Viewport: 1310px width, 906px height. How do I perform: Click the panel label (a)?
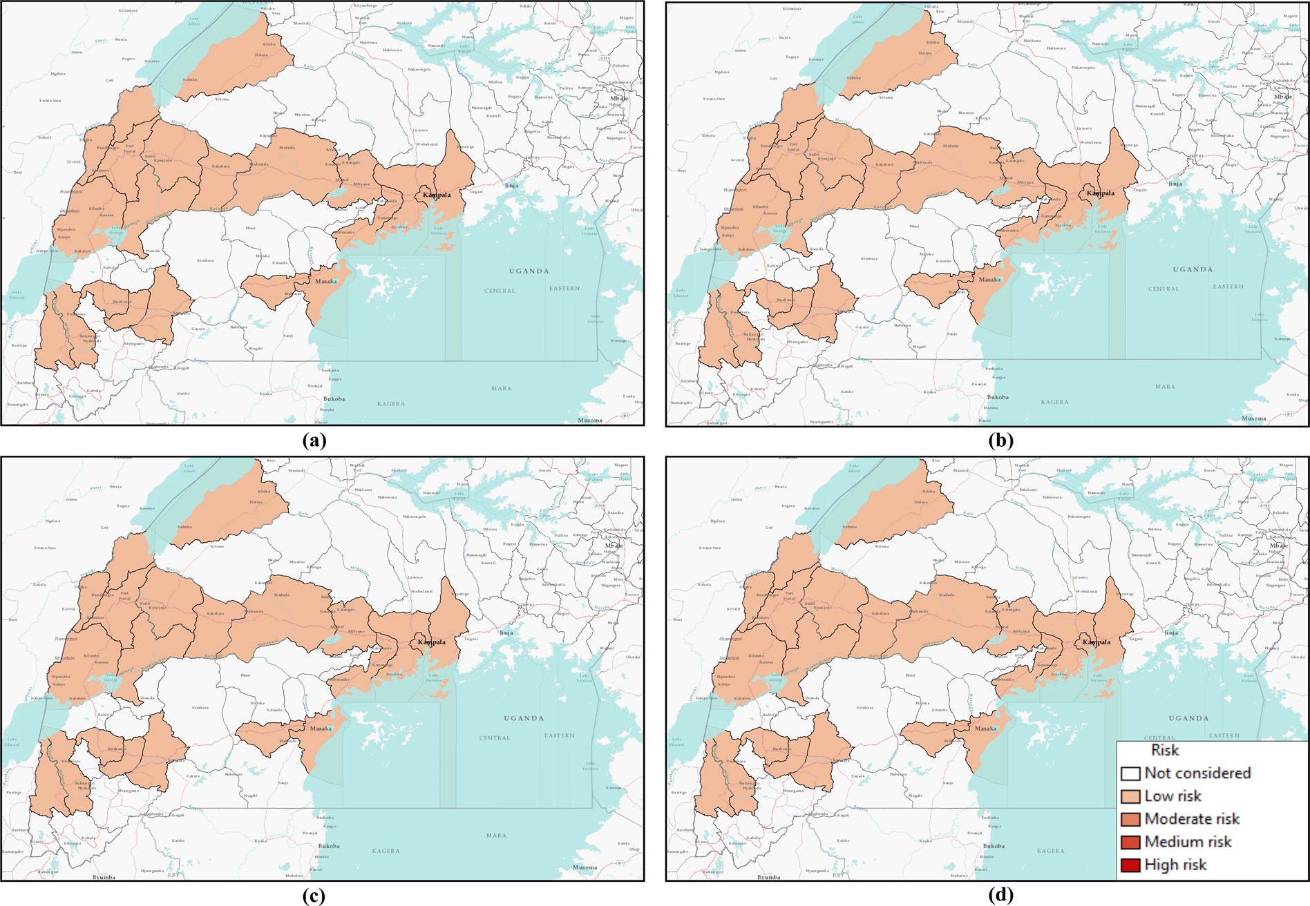314,441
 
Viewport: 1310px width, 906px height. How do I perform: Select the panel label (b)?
1000,441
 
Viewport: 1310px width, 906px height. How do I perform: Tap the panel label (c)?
314,896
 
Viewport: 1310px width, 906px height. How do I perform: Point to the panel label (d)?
1000,896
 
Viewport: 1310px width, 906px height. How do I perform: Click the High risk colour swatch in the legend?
1130,865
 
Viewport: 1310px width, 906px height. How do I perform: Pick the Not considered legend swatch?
1130,773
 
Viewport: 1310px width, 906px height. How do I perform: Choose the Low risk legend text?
1173,796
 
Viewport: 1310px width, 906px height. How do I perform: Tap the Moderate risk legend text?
1192,819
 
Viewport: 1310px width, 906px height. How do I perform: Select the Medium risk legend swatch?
1130,842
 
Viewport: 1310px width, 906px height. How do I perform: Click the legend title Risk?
1164,750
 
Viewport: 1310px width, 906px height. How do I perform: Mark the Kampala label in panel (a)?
437,195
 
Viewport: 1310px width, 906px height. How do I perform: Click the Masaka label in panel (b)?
989,280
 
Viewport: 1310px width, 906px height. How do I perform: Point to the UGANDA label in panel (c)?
524,718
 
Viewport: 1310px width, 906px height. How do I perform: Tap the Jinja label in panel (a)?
511,185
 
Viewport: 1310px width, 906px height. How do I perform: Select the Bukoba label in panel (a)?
334,398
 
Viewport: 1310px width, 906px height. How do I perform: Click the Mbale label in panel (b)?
1282,97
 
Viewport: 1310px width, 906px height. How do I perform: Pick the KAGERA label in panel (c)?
386,851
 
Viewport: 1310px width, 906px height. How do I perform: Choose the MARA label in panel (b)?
1165,387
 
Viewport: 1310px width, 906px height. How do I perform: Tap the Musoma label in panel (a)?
590,420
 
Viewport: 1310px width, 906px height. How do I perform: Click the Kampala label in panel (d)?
1097,642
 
